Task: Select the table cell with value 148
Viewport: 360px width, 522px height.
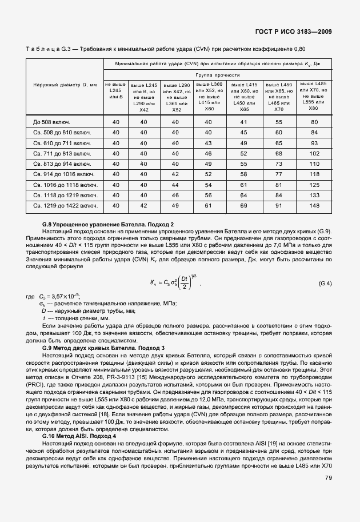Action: [x=314, y=205]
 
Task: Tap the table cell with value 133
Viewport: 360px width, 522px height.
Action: [x=314, y=195]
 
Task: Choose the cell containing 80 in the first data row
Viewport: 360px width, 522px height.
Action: [x=314, y=122]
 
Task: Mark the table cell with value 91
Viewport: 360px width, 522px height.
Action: [x=279, y=205]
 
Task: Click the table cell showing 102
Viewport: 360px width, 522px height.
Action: [x=314, y=153]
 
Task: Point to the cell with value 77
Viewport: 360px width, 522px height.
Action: [x=279, y=174]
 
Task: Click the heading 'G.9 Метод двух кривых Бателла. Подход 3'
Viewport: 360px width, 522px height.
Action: [x=103, y=348]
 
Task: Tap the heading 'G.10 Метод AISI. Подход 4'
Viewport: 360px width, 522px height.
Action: [x=83, y=436]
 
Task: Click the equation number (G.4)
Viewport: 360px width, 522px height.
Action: [x=325, y=284]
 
